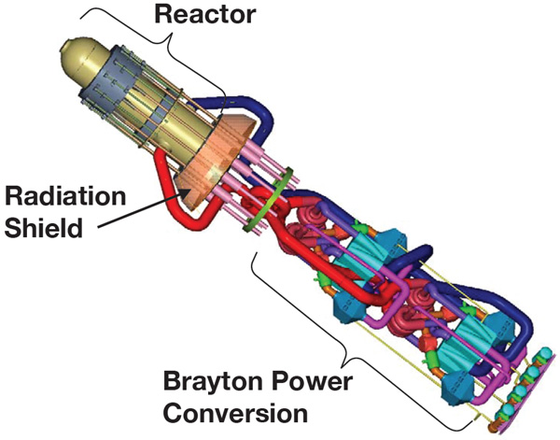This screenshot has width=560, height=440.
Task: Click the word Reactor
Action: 204,15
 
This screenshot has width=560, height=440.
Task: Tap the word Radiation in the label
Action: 65,196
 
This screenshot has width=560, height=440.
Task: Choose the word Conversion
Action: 235,413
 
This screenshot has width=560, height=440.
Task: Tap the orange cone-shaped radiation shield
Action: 215,161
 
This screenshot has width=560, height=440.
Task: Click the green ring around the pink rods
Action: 269,201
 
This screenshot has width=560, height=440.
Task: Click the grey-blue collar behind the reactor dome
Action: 104,77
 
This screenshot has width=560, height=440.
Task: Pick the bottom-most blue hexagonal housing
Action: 458,387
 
